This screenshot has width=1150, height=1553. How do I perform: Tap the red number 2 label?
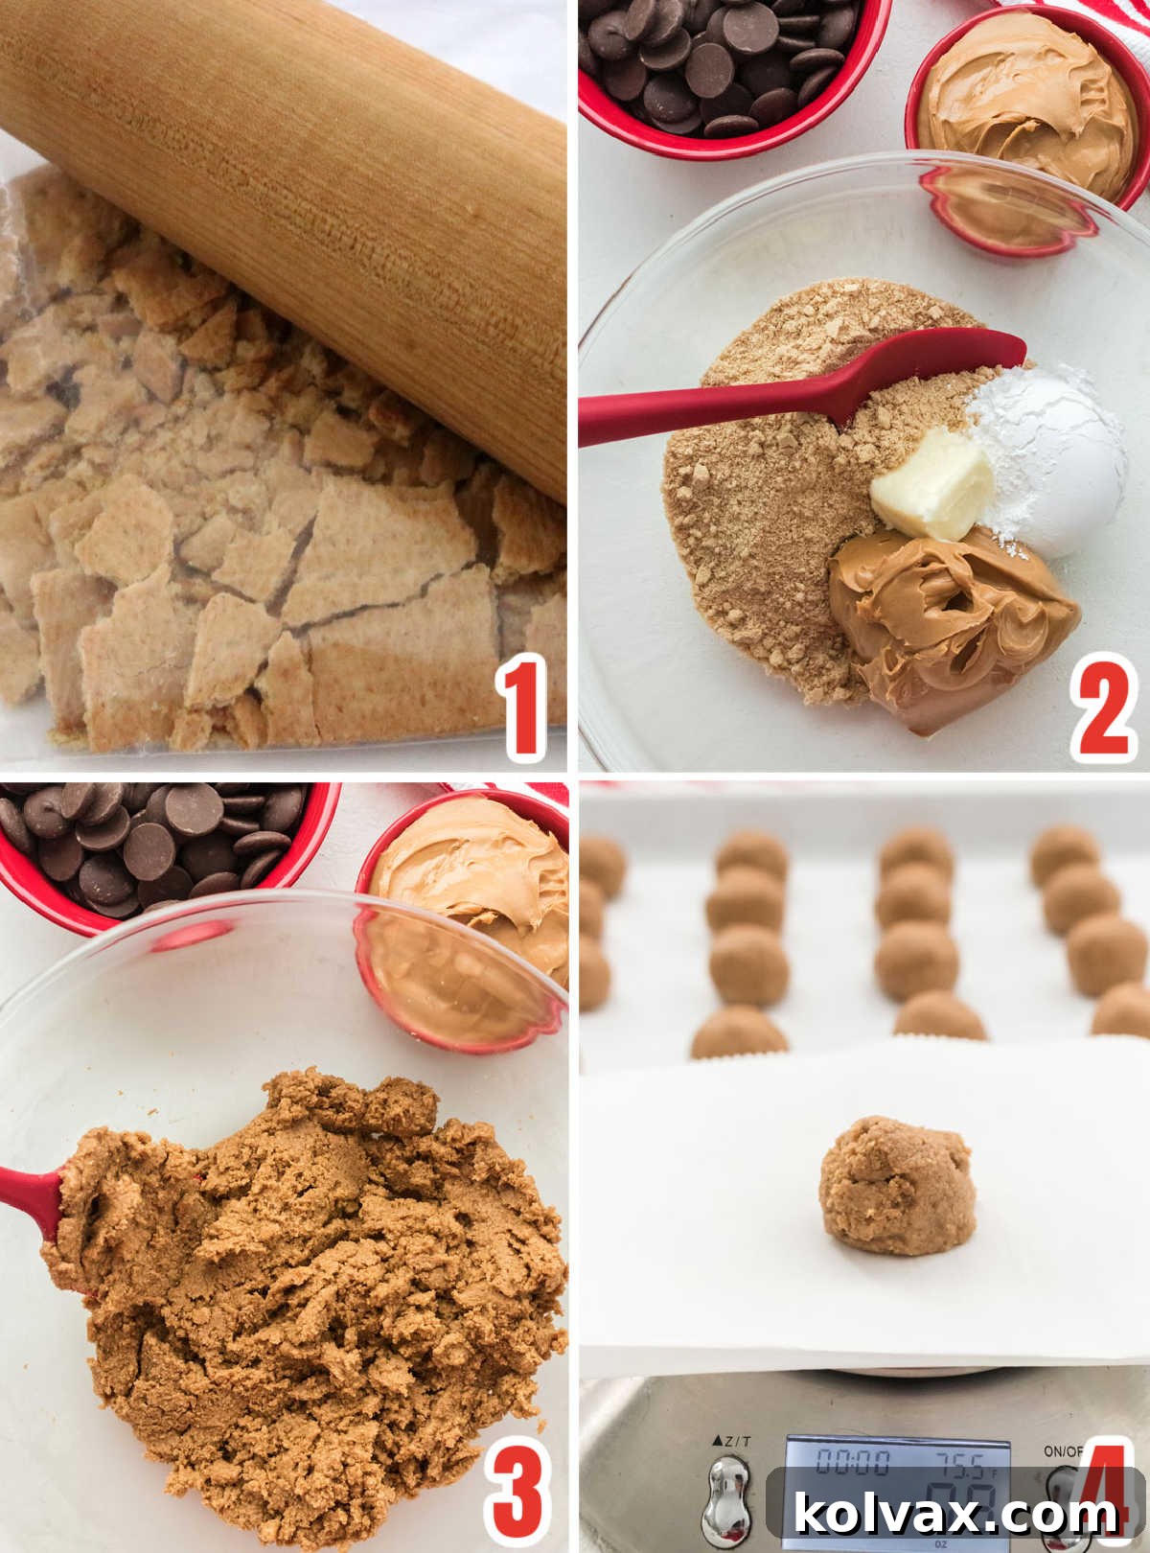[x=1103, y=707]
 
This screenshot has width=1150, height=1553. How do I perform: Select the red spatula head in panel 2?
[x=920, y=370]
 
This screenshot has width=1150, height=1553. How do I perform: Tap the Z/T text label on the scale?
[x=732, y=1441]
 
